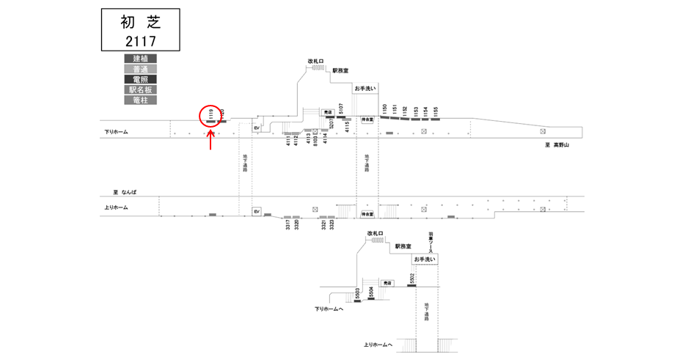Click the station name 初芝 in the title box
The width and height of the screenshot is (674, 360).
pyautogui.click(x=140, y=21)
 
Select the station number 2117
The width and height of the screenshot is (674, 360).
pyautogui.click(x=140, y=40)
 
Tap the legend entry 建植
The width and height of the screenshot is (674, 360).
pyautogui.click(x=140, y=58)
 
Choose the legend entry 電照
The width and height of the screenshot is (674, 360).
pyautogui.click(x=140, y=78)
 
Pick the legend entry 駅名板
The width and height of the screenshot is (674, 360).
pyautogui.click(x=140, y=89)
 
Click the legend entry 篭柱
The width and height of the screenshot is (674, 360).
pyautogui.click(x=140, y=99)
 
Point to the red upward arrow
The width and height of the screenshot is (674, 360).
pyautogui.click(x=211, y=140)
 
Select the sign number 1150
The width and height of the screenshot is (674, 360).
pyautogui.click(x=384, y=109)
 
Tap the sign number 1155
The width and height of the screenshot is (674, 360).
pyautogui.click(x=436, y=111)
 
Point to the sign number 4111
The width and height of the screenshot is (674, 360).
pyautogui.click(x=287, y=140)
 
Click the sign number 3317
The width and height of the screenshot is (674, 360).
pyautogui.click(x=288, y=224)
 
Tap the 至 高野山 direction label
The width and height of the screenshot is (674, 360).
pyautogui.click(x=557, y=145)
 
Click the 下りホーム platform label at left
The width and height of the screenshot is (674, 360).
pyautogui.click(x=116, y=132)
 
